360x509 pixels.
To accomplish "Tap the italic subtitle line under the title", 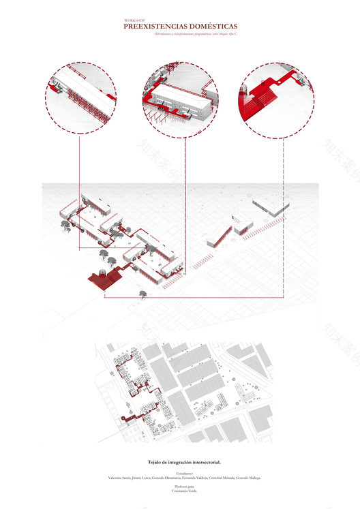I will [180, 33].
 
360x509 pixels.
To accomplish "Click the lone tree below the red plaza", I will [143, 294].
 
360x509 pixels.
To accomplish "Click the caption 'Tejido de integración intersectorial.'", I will [180, 461].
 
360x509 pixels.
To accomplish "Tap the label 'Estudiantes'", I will [180, 472].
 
